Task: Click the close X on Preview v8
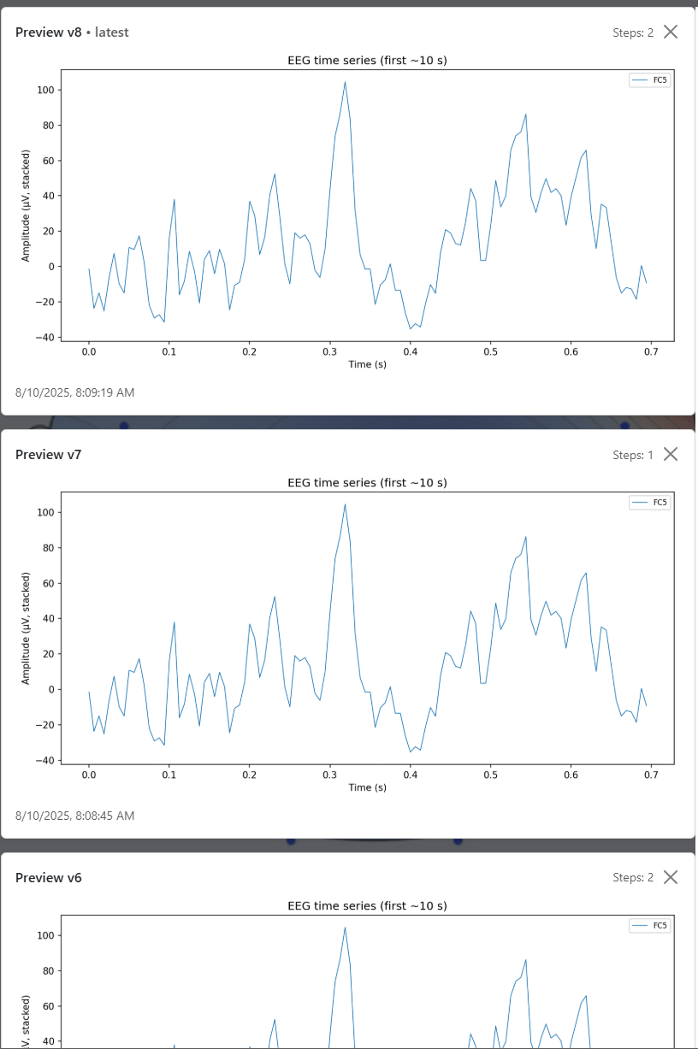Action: (671, 32)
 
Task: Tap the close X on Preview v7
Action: (671, 454)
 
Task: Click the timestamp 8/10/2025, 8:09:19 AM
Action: (75, 392)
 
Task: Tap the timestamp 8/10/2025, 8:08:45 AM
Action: (75, 816)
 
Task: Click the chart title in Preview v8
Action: (367, 61)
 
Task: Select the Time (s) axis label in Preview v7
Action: (367, 787)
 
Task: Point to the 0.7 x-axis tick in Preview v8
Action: (650, 351)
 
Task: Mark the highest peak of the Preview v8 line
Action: (345, 82)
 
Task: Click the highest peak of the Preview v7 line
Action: (345, 504)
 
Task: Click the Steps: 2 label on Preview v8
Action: (633, 32)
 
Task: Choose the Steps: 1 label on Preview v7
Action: (633, 455)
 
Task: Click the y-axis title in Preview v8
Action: (26, 205)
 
